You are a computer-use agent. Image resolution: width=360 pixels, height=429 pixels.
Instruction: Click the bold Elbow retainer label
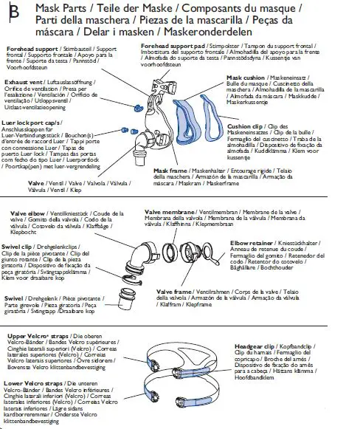(252, 241)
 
